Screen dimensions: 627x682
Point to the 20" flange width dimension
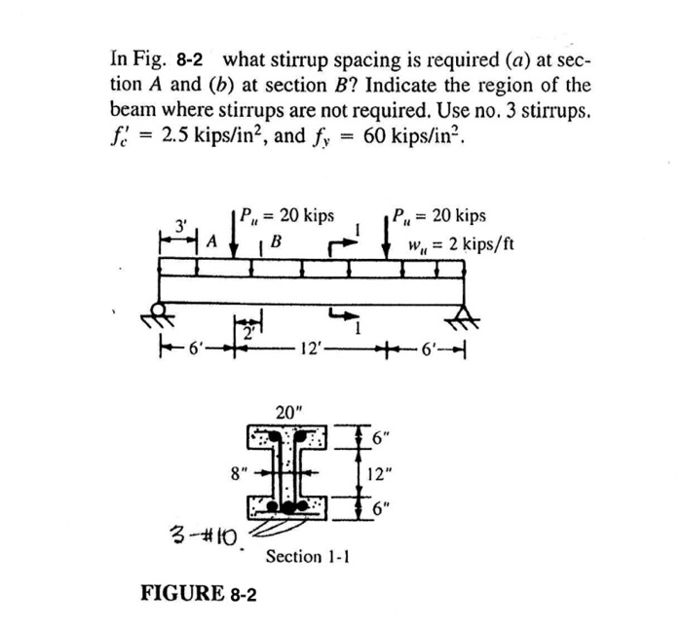[x=287, y=412]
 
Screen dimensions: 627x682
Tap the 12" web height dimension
[x=381, y=476]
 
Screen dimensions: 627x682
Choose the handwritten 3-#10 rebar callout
[x=203, y=535]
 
